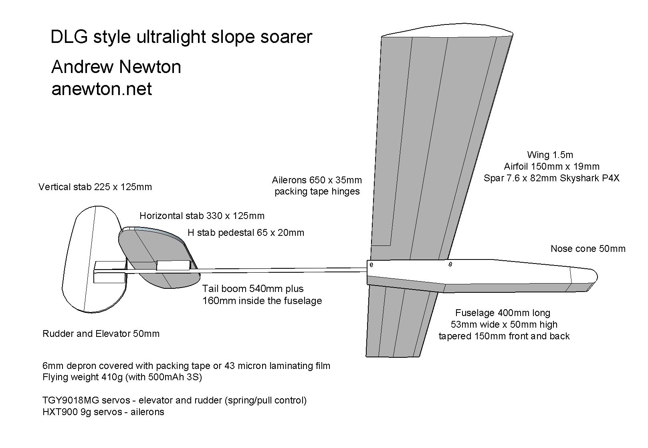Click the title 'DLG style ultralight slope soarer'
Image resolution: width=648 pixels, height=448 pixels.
pos(181,37)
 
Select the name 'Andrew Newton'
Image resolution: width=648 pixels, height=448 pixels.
pos(116,67)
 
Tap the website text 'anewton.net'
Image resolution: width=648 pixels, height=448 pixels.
pos(101,89)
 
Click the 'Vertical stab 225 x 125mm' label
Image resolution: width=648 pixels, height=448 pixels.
pos(95,187)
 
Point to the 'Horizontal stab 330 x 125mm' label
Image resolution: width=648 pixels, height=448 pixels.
pos(202,216)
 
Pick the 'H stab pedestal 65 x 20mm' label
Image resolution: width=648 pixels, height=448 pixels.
pos(246,233)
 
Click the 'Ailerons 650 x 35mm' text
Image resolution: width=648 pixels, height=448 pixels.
pos(317,180)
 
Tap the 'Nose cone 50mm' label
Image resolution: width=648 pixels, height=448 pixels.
pos(588,249)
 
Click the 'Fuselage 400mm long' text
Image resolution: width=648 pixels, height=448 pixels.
pos(503,313)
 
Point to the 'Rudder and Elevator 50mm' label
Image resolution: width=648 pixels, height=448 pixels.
pos(101,334)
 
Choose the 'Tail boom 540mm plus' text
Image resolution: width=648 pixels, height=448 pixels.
pos(253,289)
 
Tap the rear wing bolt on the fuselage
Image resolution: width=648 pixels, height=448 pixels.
pos(371,265)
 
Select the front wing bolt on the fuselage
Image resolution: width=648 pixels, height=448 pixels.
pos(450,264)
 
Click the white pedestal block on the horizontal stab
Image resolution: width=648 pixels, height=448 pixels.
pos(173,265)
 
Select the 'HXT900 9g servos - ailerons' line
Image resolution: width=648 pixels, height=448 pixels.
pos(103,412)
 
